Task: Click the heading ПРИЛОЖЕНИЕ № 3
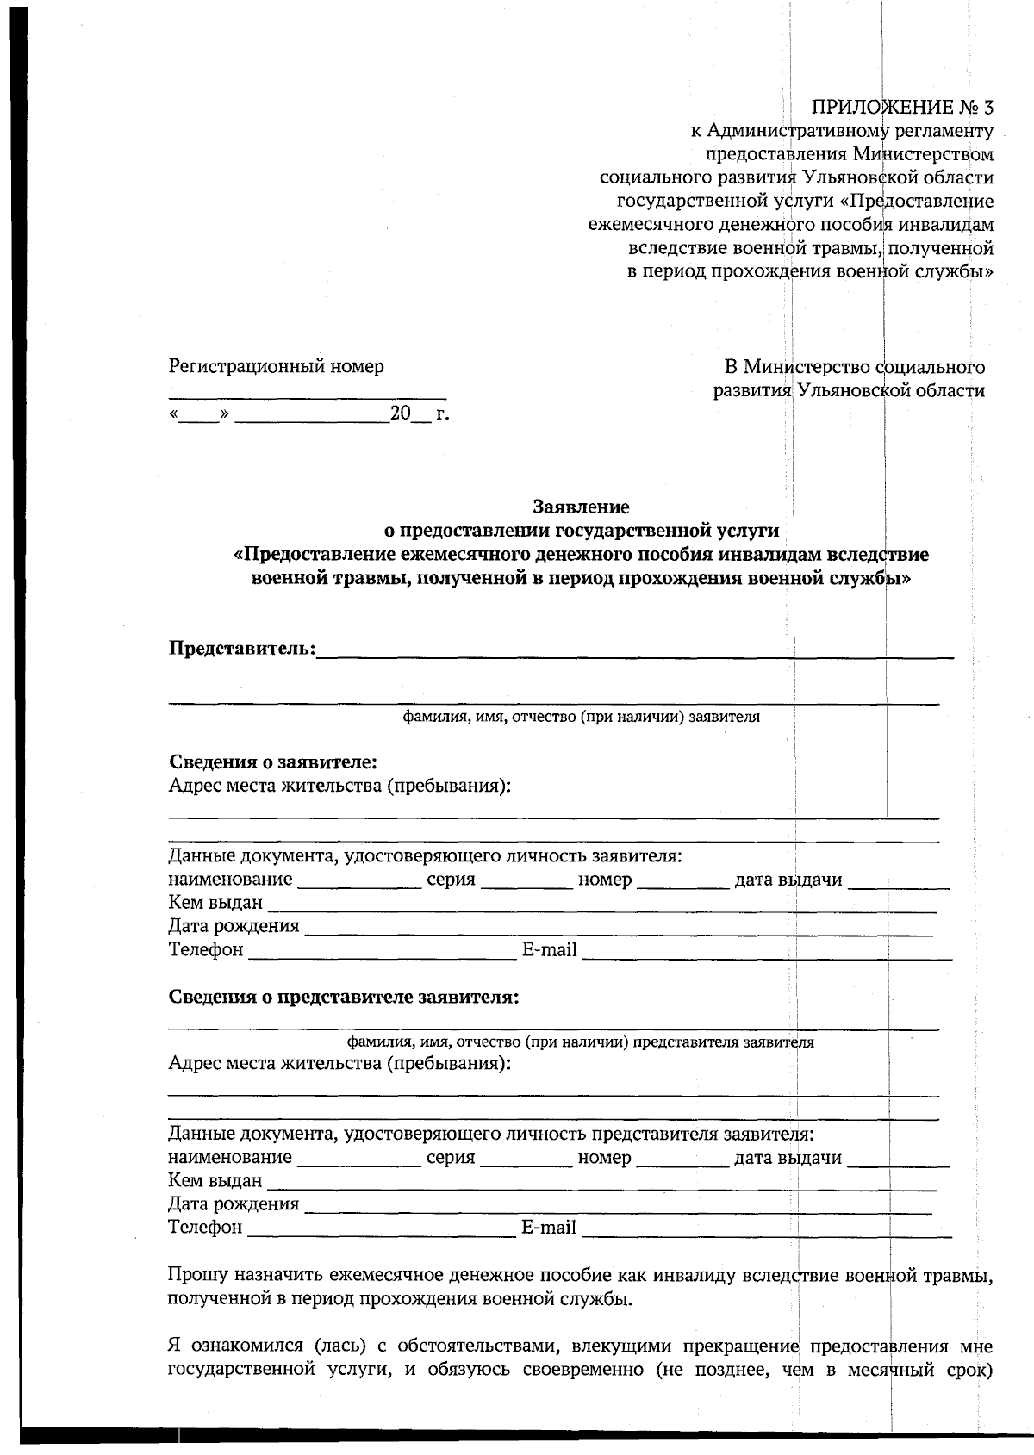902,107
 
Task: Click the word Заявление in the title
581,507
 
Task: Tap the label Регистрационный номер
276,366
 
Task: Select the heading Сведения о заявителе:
273,762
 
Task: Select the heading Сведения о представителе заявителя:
344,998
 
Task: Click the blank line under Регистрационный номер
307,396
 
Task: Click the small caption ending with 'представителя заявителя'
580,1042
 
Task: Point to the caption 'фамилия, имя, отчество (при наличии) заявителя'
582,717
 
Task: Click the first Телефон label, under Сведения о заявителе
206,950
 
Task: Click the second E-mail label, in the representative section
549,1228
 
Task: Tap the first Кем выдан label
215,904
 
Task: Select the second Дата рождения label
234,1204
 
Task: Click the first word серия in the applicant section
451,880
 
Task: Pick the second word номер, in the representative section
604,1158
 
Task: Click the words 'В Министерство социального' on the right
854,367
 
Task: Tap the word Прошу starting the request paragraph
195,1274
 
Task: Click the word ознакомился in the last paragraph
250,1346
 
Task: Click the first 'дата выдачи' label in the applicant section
788,880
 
